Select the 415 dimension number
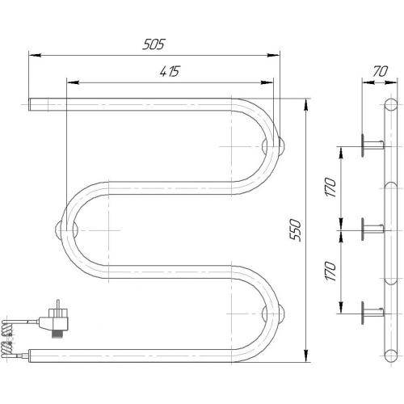(x=169, y=72)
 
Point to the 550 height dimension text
(x=297, y=232)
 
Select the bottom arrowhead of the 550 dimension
(x=305, y=356)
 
